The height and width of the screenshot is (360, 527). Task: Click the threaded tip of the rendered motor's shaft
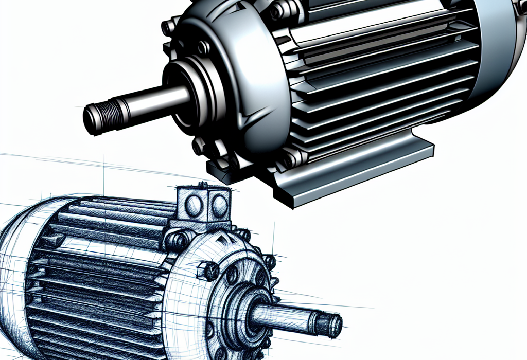tap(98, 118)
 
